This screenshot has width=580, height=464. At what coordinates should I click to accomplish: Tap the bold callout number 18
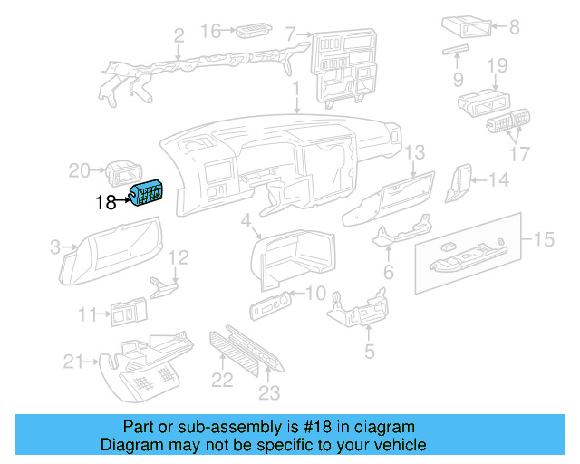click(106, 202)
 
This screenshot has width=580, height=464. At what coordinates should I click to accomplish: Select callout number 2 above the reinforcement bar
click(179, 36)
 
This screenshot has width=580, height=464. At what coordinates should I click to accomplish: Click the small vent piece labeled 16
click(250, 34)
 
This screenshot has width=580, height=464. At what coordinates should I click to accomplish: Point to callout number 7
click(291, 35)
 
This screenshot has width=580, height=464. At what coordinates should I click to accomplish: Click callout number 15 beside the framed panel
click(543, 239)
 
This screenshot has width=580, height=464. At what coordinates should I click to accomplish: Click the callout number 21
click(73, 362)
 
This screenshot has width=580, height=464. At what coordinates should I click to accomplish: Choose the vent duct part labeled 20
click(121, 172)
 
